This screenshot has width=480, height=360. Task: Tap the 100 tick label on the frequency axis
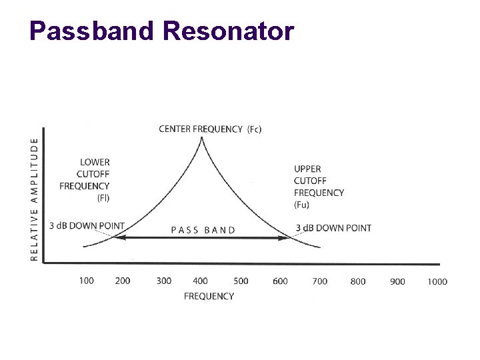86,281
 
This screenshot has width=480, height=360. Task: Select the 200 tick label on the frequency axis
123,281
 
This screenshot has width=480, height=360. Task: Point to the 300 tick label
163,281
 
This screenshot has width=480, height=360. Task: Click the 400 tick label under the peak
200,281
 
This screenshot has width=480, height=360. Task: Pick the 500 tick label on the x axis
241,281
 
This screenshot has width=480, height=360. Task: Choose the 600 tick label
280,281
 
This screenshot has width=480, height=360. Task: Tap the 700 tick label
320,281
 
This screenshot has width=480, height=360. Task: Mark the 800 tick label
358,281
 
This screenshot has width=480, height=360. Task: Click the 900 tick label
397,281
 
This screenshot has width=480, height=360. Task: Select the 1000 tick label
437,281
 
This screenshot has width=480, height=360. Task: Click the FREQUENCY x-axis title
209,296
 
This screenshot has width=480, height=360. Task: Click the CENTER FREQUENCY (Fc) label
210,129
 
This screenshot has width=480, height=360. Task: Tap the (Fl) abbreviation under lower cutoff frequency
103,197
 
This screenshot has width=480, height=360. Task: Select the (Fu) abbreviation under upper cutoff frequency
301,204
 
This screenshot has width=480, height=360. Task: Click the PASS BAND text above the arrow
203,230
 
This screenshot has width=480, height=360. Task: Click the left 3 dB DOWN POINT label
87,226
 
